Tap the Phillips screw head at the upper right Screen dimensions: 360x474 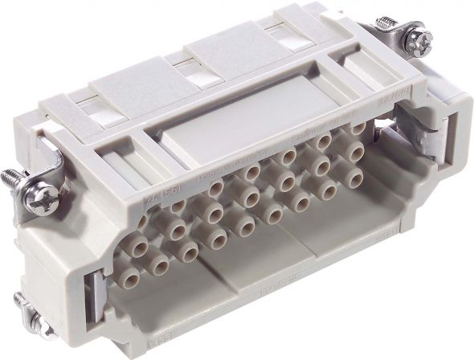pos(420,40)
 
